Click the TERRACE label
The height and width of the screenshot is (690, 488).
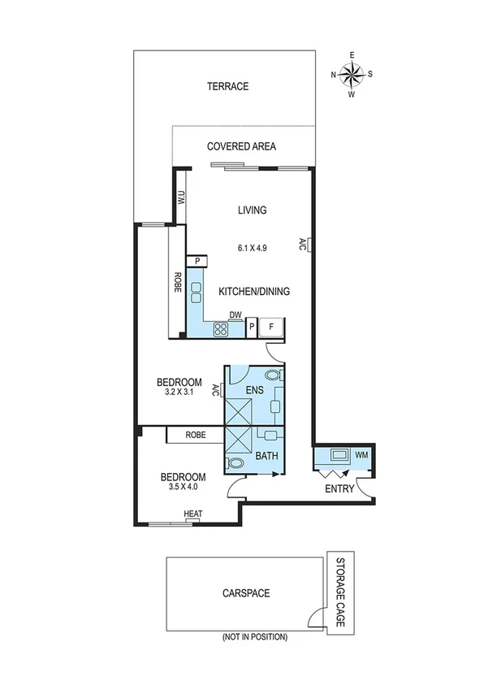[x=227, y=87]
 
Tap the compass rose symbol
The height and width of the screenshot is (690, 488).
[x=352, y=75]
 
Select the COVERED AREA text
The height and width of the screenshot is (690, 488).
[x=241, y=147]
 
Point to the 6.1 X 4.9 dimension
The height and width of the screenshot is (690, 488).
[x=253, y=246]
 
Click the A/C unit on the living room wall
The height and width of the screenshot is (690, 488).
[x=310, y=244]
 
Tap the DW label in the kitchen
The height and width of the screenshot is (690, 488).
[x=235, y=315]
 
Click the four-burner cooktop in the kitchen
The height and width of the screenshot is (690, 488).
[x=220, y=328]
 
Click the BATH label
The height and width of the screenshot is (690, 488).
[x=267, y=457]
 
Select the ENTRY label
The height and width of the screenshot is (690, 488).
[x=339, y=488]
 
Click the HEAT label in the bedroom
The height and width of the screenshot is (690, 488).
[x=192, y=514]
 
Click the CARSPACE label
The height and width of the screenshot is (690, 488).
[x=246, y=593]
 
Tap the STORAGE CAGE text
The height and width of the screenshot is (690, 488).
[x=339, y=592]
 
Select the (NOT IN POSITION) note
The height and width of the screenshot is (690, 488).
[x=254, y=638]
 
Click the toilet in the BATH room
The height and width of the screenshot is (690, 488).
[x=235, y=464]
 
